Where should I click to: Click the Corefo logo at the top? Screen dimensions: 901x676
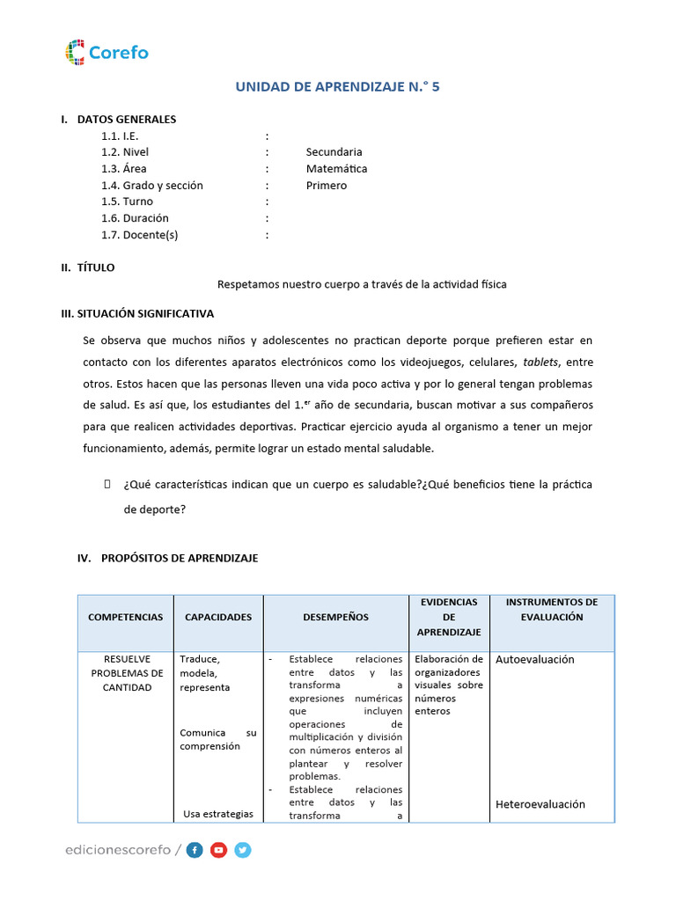click(x=107, y=52)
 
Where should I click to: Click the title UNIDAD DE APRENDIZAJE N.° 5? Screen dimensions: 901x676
click(x=337, y=86)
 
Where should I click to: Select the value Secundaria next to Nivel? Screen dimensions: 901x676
click(x=334, y=152)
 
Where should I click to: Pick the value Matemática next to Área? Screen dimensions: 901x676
click(x=336, y=169)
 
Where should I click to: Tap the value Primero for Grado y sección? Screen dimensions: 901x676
click(x=326, y=186)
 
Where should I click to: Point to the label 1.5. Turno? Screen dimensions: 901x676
click(x=127, y=201)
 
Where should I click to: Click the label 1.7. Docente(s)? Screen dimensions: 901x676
click(x=139, y=235)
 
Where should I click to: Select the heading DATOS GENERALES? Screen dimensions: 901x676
click(x=127, y=120)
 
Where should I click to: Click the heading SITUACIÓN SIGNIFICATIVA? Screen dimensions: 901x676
click(x=136, y=313)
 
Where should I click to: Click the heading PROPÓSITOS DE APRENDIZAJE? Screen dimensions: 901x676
click(x=180, y=559)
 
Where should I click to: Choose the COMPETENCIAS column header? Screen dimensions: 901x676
click(x=125, y=618)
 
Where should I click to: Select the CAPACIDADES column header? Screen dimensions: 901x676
click(x=217, y=618)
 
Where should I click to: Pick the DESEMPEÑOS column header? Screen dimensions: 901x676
click(x=335, y=618)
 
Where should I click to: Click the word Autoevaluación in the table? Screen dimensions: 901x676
click(x=534, y=660)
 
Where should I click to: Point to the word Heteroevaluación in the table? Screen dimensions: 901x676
click(x=540, y=804)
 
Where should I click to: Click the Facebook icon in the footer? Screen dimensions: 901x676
click(x=195, y=850)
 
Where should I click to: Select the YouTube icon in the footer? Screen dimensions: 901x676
click(x=218, y=850)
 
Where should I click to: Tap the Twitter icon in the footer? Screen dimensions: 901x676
click(x=243, y=850)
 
